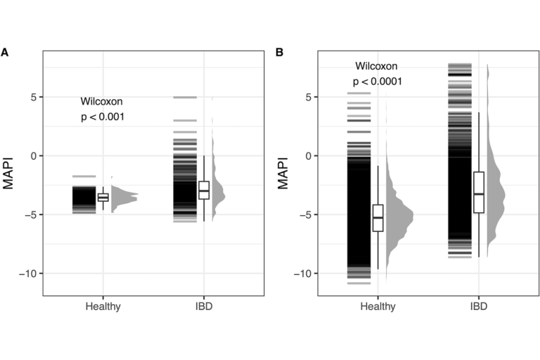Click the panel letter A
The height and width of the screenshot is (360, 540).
(x=5, y=53)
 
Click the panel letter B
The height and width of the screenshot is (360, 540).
(x=279, y=53)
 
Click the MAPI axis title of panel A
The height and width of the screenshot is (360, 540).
(x=10, y=174)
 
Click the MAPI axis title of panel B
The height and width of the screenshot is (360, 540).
(x=283, y=174)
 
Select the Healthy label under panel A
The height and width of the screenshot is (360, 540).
(x=103, y=307)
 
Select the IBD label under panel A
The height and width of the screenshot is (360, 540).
(x=204, y=307)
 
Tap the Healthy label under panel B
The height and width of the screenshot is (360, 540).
(x=378, y=307)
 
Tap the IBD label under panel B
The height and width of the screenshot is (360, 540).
(x=478, y=307)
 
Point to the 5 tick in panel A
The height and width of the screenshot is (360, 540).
(x=33, y=96)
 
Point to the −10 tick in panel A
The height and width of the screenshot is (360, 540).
(x=28, y=273)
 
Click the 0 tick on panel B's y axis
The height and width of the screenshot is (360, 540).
(x=307, y=155)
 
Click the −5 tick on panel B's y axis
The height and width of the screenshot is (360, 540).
(x=304, y=214)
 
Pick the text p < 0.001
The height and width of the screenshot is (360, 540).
(x=103, y=117)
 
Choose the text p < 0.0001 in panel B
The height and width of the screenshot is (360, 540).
(x=378, y=82)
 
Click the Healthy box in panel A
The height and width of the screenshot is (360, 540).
(x=103, y=197)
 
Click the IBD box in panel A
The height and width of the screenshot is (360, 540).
(x=204, y=190)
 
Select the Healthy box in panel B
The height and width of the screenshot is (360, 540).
(x=378, y=218)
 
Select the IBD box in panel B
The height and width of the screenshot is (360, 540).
(x=479, y=192)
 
